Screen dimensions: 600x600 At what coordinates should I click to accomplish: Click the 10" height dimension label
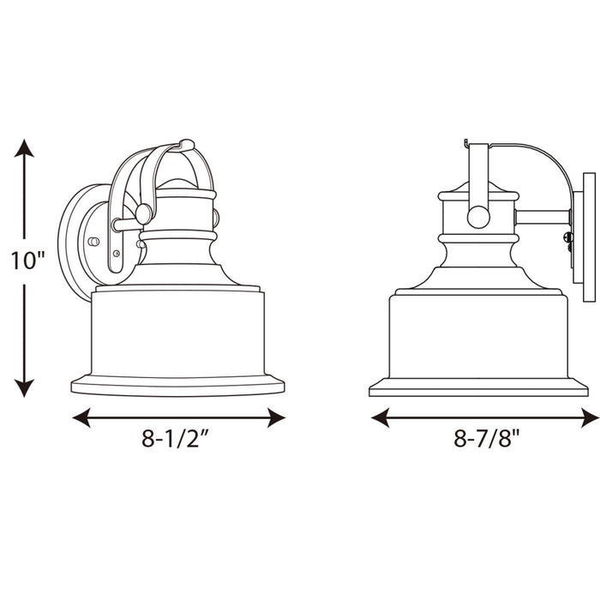pos(27,261)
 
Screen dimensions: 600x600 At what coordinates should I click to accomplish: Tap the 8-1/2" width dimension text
pos(176,439)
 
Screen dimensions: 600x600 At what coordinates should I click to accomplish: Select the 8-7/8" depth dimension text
pos(487,439)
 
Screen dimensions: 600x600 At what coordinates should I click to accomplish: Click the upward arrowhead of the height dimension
pos(24,148)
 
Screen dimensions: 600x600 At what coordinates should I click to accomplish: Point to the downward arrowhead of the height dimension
pos(24,388)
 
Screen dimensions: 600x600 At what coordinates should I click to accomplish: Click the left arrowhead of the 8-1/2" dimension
pos(81,417)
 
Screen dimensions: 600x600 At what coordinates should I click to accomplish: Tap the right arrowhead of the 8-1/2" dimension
pos(276,417)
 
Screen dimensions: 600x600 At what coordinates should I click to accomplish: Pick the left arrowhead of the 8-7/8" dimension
pos(380,417)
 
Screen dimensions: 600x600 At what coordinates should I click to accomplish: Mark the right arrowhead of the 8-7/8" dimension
pos(590,417)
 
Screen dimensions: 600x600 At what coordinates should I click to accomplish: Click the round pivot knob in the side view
pos(478,218)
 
